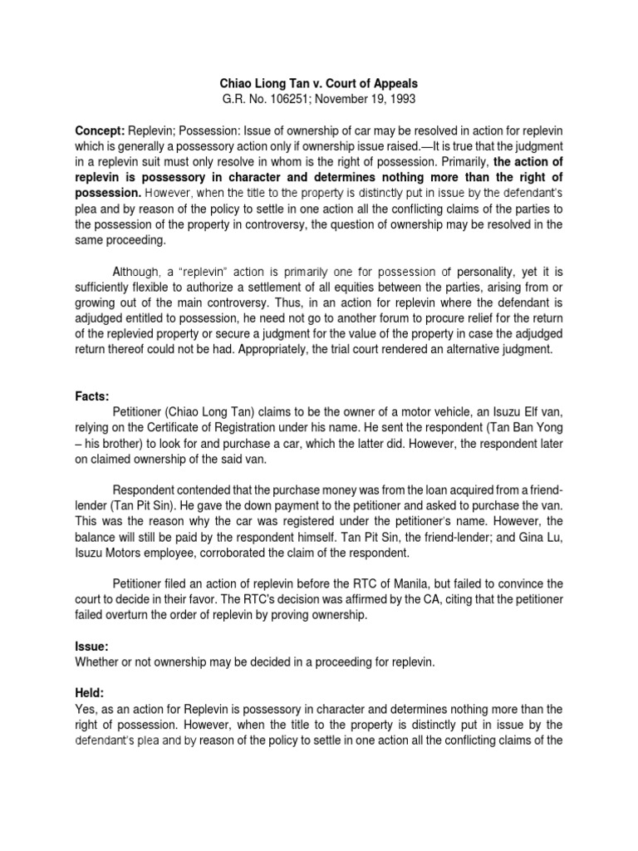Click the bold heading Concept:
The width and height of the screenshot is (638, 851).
[100, 131]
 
